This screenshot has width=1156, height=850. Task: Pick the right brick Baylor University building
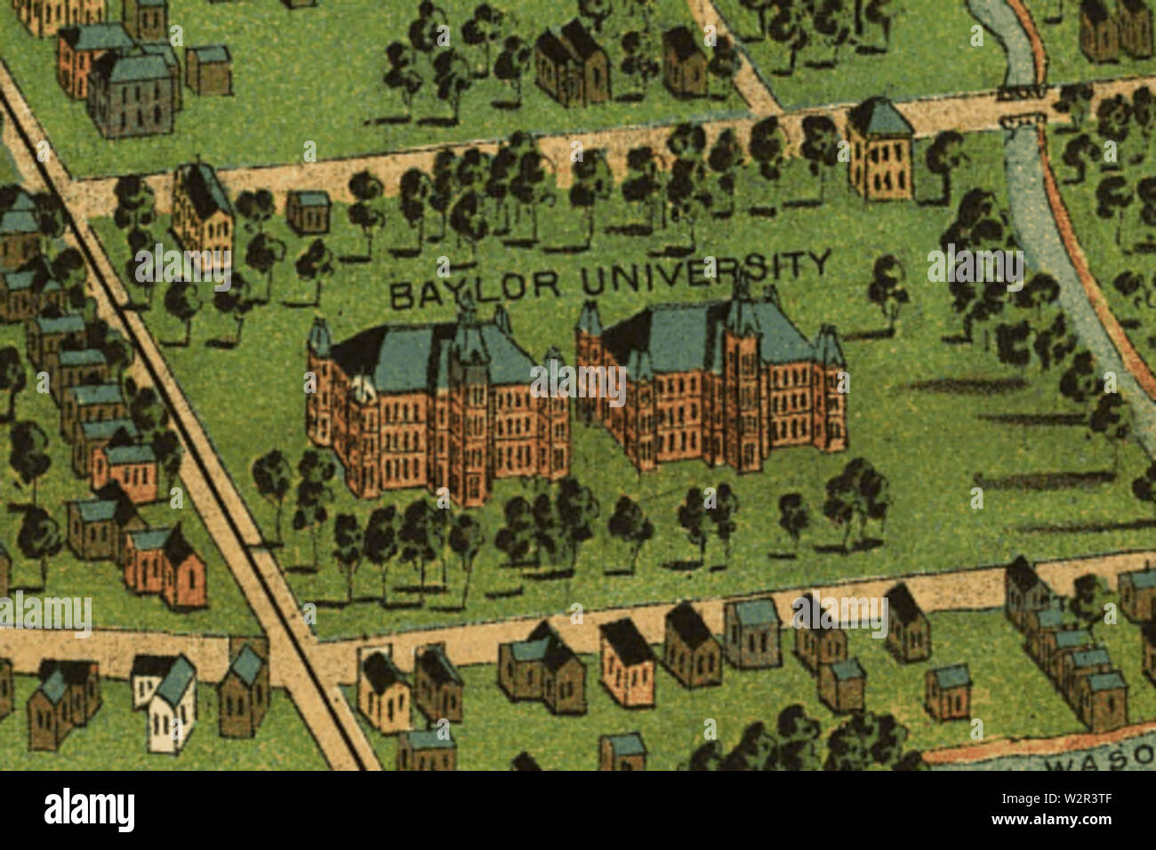pos(711,391)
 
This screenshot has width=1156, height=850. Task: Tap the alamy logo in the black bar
pos(90,810)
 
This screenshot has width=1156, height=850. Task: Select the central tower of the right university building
pos(743,373)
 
